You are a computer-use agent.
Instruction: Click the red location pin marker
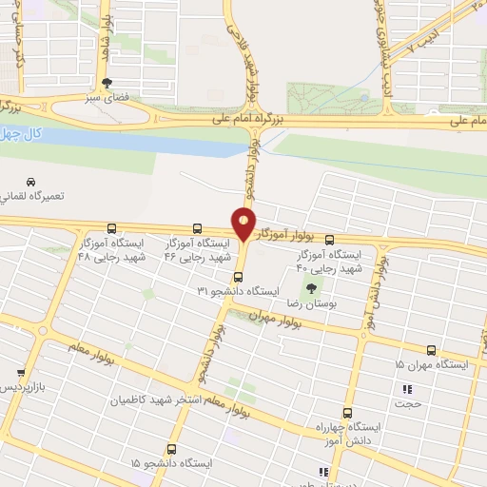[244, 224]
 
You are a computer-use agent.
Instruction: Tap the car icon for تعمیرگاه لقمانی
[31, 182]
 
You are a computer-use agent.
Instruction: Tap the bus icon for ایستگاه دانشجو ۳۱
[237, 277]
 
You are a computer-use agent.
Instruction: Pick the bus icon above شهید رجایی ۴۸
[112, 228]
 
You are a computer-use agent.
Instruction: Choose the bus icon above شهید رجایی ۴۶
[197, 228]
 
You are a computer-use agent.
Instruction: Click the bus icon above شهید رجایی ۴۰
[329, 240]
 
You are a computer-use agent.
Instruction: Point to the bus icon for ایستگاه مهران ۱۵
[432, 350]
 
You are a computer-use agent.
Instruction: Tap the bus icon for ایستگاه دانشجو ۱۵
[172, 448]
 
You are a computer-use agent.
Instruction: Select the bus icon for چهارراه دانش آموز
[347, 414]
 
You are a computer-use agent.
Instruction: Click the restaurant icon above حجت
[408, 389]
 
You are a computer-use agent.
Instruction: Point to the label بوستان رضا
[321, 302]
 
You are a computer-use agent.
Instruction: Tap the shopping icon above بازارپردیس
[21, 374]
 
